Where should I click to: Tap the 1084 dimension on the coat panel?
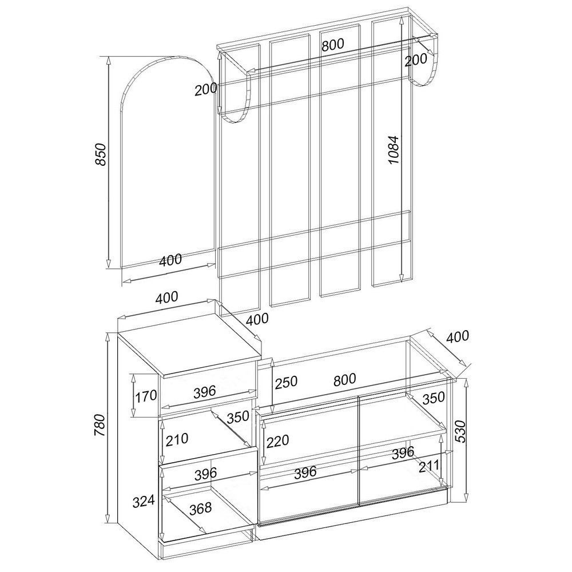tap(394, 149)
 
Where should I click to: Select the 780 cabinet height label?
tap(100, 425)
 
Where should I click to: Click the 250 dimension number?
tap(287, 382)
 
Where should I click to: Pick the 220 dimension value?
tap(277, 440)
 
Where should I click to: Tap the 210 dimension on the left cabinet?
tap(177, 439)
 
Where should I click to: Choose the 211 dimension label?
tap(429, 466)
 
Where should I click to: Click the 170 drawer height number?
tap(146, 396)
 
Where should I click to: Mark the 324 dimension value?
tap(144, 502)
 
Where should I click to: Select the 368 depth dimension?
tap(200, 507)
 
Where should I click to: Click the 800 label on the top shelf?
tap(333, 45)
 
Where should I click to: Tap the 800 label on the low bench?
tap(345, 379)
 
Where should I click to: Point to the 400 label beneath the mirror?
tap(170, 260)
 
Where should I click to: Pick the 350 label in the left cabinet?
tap(238, 417)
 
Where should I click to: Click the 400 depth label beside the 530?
tap(457, 336)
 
